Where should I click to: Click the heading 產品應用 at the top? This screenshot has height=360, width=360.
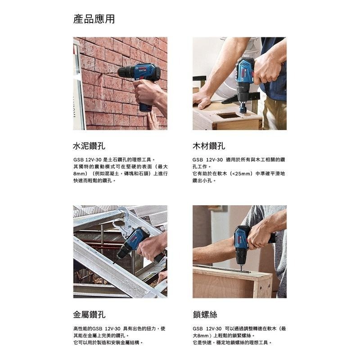(x=94, y=19)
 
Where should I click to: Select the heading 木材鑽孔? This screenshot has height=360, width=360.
(x=209, y=146)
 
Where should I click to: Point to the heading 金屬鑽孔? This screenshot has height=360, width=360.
(x=89, y=315)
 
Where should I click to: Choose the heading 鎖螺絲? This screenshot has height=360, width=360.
(x=205, y=315)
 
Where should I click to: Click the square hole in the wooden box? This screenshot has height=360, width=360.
(x=229, y=116)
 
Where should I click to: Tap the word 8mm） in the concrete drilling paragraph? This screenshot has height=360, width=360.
(x=81, y=173)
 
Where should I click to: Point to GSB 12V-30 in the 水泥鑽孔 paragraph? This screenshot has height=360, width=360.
(x=87, y=159)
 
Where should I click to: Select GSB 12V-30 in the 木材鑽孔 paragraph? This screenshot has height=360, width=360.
(x=207, y=159)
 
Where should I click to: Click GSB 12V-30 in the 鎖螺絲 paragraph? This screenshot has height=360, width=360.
(x=207, y=328)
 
